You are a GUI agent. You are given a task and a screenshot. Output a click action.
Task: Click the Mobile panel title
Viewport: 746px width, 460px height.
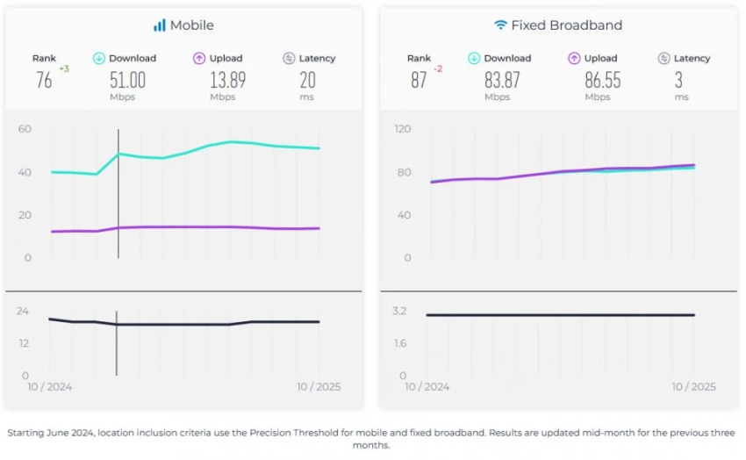tap(191, 25)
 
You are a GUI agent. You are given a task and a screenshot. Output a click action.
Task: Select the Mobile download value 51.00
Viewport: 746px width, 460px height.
tap(127, 80)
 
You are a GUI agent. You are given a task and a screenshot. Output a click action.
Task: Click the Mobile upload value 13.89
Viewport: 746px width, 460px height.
tap(227, 80)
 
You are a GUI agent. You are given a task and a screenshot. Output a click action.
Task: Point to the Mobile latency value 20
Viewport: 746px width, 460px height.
tap(307, 80)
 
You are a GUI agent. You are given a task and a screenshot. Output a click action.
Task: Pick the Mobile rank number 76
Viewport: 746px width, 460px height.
tap(44, 80)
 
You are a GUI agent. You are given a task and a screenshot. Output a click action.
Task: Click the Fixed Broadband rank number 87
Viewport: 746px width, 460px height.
tap(419, 80)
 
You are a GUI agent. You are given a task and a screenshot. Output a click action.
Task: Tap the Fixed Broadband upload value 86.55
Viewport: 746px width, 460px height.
tap(602, 80)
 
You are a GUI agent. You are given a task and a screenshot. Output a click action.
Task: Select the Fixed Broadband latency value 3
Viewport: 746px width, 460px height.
tap(678, 80)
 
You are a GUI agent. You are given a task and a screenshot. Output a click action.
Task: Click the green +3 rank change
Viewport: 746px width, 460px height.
tap(64, 68)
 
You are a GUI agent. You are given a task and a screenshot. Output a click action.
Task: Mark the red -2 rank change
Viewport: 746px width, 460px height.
tap(439, 68)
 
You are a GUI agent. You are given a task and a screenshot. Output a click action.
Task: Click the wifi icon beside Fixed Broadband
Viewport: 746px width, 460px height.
tap(500, 25)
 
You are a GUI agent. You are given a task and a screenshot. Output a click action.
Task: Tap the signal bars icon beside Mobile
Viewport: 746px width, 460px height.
tap(160, 25)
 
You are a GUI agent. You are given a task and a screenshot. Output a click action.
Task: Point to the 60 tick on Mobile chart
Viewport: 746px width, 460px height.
tap(25, 129)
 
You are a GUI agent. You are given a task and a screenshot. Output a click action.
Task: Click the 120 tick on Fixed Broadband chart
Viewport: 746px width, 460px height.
tap(403, 129)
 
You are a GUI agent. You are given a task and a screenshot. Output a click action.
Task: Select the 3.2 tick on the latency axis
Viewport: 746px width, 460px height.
tap(399, 311)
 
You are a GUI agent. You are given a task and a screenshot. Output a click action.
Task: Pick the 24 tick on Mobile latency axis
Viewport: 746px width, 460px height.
tap(23, 311)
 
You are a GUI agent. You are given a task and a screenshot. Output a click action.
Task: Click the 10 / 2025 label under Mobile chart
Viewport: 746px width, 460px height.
tap(319, 387)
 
